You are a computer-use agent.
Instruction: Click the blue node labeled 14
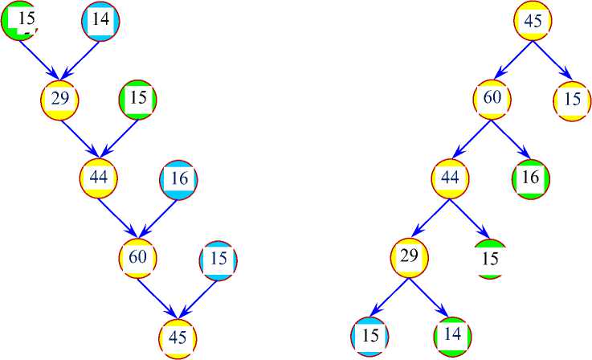point(100,22)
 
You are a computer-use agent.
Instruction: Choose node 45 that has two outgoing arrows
point(533,22)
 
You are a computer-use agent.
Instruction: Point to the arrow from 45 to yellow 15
point(553,61)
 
